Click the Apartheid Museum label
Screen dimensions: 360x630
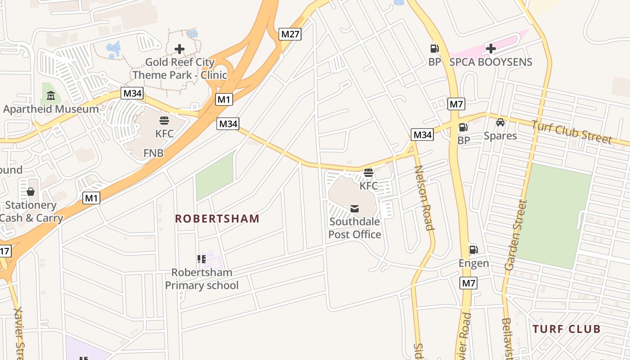coord(51,109)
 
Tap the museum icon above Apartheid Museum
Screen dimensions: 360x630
coord(51,95)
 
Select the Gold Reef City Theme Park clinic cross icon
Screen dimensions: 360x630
coord(180,49)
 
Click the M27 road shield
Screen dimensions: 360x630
coord(290,34)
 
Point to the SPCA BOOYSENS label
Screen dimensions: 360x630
coord(490,62)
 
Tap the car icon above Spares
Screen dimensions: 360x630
coord(500,122)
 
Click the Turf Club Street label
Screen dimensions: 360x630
coord(571,132)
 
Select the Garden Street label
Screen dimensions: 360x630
coord(516,235)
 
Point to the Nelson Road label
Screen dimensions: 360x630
coord(424,198)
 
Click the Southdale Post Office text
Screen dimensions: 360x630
coord(355,228)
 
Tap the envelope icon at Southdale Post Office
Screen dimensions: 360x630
coord(355,208)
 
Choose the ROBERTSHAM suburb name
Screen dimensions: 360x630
coord(217,219)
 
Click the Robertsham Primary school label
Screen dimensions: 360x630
coord(202,279)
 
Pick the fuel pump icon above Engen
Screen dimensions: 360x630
coord(473,250)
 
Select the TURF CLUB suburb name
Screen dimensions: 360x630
coord(567,329)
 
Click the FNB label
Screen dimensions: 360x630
coord(153,153)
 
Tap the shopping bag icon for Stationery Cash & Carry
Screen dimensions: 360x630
coord(31,192)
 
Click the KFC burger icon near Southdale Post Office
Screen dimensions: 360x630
coord(368,173)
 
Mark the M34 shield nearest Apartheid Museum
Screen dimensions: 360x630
coord(132,94)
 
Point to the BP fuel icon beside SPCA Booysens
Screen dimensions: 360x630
coord(434,49)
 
